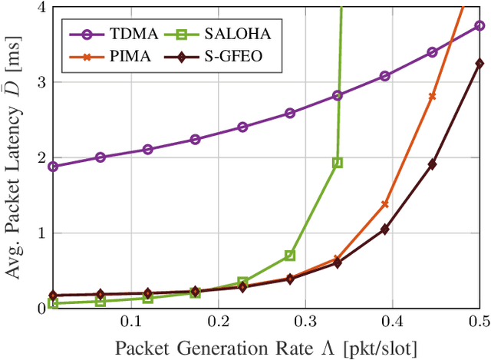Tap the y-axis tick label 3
(x=40, y=83)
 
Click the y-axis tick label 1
(x=40, y=233)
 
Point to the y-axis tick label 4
(x=40, y=8)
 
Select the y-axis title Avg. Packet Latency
(x=13, y=158)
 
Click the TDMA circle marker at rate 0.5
(x=479, y=25)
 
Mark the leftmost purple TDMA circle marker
(x=53, y=167)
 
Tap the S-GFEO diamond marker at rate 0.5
(x=479, y=64)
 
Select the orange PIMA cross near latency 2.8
(x=432, y=96)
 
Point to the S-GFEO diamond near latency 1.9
(x=432, y=164)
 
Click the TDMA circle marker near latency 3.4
(x=432, y=52)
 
